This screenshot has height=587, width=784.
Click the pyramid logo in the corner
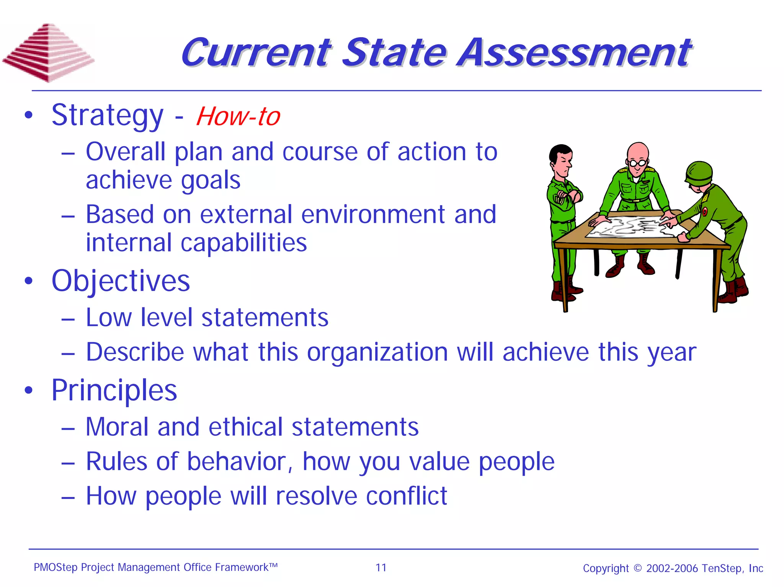[48, 52]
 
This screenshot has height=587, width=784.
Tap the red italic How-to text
[238, 116]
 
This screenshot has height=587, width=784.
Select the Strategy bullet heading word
[107, 116]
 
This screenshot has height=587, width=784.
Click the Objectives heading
[121, 281]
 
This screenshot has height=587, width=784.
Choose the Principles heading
[114, 390]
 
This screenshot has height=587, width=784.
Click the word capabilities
[243, 243]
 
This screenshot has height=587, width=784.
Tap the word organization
[377, 352]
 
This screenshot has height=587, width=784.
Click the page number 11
[381, 567]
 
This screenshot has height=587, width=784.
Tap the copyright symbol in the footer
[637, 568]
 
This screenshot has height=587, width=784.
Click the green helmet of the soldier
[699, 172]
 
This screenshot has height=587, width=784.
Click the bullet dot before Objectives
[29, 281]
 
